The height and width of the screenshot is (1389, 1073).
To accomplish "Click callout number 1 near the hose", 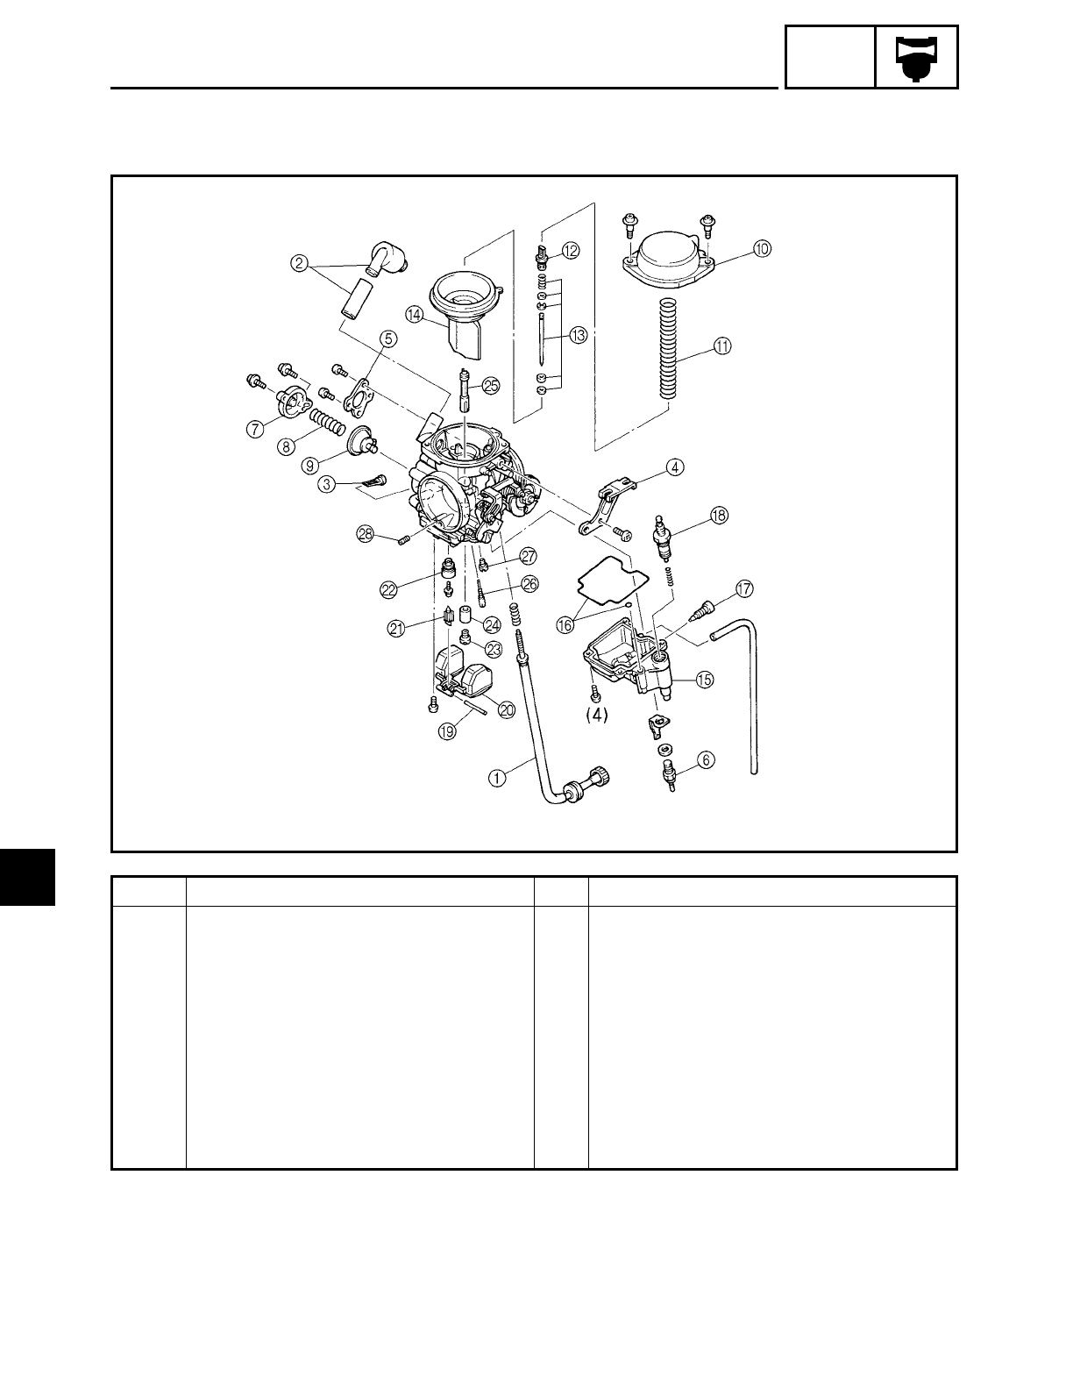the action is pyautogui.click(x=497, y=775).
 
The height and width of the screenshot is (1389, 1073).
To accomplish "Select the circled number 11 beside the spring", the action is pyautogui.click(x=721, y=346).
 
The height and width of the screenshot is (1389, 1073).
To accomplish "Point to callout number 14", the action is pyautogui.click(x=414, y=314).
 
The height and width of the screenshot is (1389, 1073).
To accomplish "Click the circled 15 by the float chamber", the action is pyautogui.click(x=704, y=679).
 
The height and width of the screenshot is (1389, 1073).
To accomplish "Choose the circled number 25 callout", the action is pyautogui.click(x=490, y=384).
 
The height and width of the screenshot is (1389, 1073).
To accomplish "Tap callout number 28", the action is pyautogui.click(x=365, y=533).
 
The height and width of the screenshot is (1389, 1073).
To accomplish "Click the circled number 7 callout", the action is pyautogui.click(x=255, y=429).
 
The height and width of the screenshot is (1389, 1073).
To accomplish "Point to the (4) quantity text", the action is pyautogui.click(x=596, y=715).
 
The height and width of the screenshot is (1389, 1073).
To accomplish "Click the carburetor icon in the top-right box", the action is pyautogui.click(x=916, y=58).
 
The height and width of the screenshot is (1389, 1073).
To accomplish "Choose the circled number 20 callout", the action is pyautogui.click(x=506, y=710).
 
